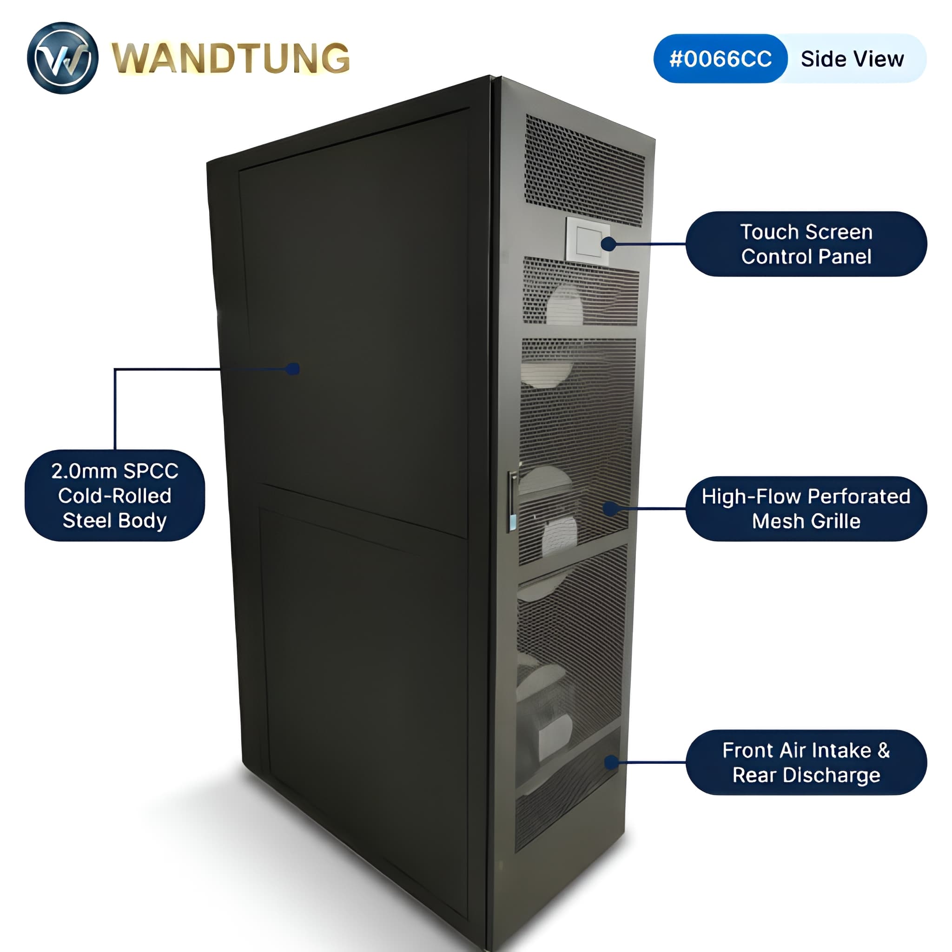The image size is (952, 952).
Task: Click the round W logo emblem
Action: pos(63,58)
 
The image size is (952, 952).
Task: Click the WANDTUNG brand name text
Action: pos(231,58)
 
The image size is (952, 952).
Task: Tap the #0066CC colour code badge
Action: pos(721,59)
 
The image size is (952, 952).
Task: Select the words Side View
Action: pos(853,59)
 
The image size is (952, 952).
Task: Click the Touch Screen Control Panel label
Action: pos(806,244)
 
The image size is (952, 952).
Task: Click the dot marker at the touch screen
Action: pos(608,244)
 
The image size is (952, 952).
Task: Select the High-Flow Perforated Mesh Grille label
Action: pos(806,509)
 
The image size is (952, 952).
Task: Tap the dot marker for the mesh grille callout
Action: pos(610,509)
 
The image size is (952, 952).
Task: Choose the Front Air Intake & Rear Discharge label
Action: pos(806,762)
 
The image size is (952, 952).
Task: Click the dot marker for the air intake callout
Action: pos(612,762)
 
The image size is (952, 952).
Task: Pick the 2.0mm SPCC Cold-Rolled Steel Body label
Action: pos(115,495)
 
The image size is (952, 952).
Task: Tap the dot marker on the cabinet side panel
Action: pos(293,369)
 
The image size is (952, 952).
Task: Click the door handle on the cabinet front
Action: pos(512,501)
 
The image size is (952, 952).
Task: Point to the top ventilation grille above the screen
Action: pos(584,170)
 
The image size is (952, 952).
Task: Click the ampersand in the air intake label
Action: pos(884,750)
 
